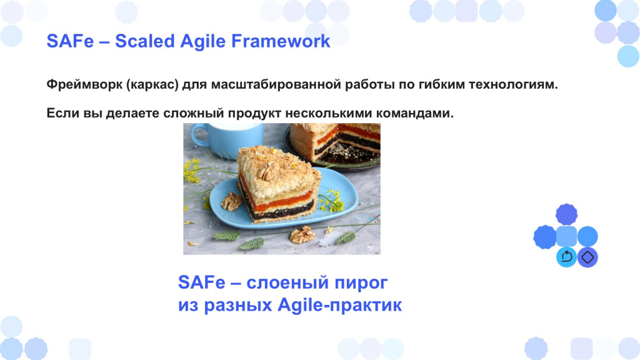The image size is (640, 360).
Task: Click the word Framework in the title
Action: coord(281,41)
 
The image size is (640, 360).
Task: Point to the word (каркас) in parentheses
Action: coord(152,85)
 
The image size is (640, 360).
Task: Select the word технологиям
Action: coord(512,84)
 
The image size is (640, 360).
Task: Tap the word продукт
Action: coord(254,114)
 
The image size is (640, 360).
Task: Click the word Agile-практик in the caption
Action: coord(339,305)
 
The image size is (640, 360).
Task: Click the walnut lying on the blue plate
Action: coord(231,202)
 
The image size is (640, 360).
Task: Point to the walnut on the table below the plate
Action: coord(302,235)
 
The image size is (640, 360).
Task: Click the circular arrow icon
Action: coord(566,257)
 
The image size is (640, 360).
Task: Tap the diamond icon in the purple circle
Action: coord(587,257)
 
